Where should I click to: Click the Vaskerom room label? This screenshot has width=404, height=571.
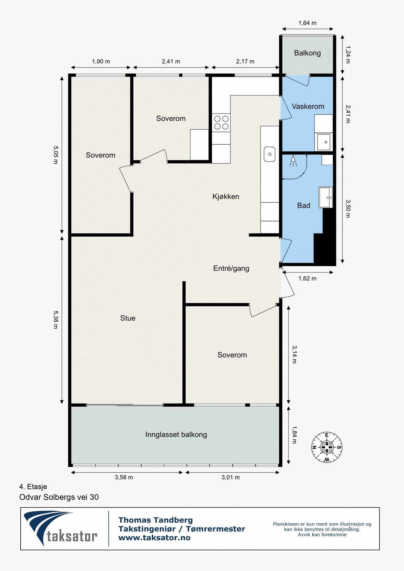coord(308,106)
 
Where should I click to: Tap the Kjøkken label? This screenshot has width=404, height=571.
coord(226,196)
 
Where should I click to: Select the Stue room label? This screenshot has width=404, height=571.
coord(128,318)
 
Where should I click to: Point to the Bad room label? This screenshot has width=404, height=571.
coord(303,206)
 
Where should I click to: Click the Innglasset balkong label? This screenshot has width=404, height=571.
coord(176,435)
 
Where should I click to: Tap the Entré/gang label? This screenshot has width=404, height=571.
coord(231,268)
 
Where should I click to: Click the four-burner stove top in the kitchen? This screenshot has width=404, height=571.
coord(221,123)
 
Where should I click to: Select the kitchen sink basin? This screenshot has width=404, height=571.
coord(269,154)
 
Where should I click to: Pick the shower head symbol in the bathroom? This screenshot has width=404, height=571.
coord(293,161)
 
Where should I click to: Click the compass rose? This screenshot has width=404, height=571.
coord(327,448)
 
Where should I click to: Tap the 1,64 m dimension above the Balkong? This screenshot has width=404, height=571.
coord(307,23)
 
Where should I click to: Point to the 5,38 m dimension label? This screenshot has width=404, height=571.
coord(56,319)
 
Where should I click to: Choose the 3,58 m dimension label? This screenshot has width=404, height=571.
coord(124,477)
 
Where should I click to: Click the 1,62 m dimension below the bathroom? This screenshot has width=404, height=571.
coord(307,279)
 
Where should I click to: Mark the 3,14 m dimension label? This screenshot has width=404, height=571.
coord(294,354)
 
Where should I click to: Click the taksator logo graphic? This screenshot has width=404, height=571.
coord(60,528)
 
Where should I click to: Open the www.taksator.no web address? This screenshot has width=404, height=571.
coord(154,538)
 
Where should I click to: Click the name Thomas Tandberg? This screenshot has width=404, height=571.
coord(156,520)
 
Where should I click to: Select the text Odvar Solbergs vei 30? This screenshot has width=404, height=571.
coord(59,497)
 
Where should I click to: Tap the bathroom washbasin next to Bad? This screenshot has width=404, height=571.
coord(326,197)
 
